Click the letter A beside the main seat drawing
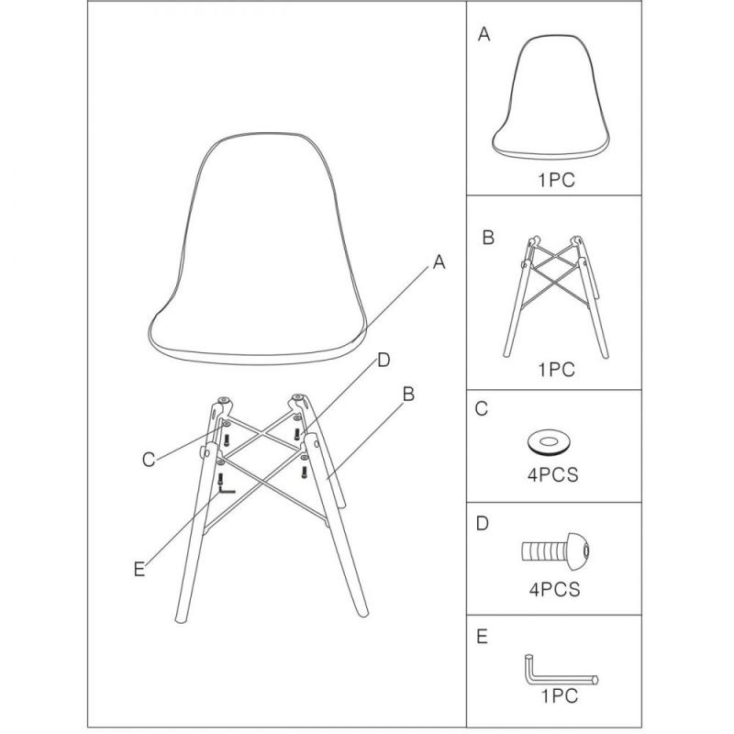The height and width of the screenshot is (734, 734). [439, 262]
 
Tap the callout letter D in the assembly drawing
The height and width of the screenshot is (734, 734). [384, 360]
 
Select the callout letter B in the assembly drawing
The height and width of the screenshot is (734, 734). [408, 395]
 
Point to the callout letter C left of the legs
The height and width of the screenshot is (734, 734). [149, 460]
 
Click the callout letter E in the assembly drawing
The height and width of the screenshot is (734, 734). [139, 569]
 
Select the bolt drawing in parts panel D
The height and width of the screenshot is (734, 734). [556, 551]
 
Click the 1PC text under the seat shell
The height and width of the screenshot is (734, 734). [556, 180]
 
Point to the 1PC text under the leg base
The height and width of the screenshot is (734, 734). [556, 370]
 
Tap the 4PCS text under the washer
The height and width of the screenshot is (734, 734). [553, 475]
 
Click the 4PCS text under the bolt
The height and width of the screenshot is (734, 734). [555, 589]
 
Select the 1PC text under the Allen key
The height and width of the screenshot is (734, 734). [560, 696]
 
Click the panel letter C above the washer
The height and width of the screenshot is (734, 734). [482, 408]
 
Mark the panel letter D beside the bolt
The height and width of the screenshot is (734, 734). [483, 523]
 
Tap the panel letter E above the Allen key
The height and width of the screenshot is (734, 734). [483, 637]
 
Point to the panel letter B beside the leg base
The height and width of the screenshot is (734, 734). [488, 238]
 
